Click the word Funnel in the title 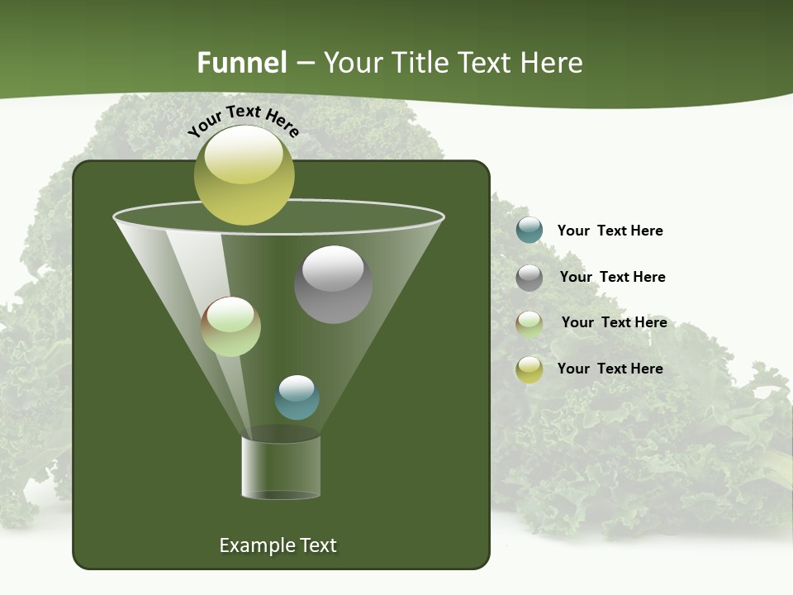tap(241, 63)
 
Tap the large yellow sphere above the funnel tap(244, 174)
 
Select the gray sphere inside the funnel tap(333, 284)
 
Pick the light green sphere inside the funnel tap(230, 326)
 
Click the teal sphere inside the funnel tap(297, 397)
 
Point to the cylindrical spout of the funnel tap(281, 467)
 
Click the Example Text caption tap(278, 545)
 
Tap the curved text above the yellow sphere tap(244, 121)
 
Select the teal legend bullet tap(529, 230)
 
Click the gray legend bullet tap(529, 278)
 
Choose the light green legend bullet tap(529, 324)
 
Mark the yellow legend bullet tap(529, 369)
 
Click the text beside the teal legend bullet tap(610, 231)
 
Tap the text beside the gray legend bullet tap(612, 277)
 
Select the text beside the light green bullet tap(614, 322)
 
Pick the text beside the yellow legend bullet tap(610, 369)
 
